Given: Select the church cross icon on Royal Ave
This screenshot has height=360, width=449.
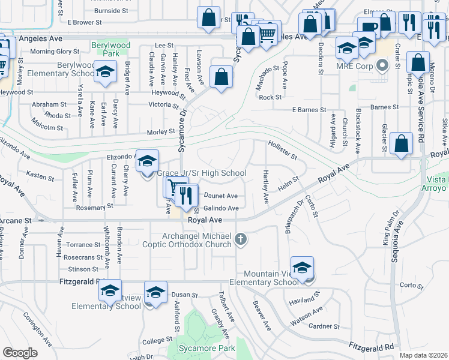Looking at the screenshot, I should [x=241, y=240].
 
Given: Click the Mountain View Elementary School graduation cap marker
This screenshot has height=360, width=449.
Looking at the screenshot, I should [x=302, y=268].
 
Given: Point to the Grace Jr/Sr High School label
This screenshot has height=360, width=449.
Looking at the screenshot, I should [x=202, y=173].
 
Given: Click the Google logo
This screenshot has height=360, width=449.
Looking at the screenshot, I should [x=20, y=353].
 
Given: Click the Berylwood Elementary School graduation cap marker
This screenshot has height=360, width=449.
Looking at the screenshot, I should [x=105, y=73].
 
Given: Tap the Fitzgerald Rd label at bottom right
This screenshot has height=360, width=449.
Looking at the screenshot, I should [x=372, y=347].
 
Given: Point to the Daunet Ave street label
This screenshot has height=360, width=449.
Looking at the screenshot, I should [x=221, y=196].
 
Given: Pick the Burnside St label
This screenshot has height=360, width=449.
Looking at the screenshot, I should [x=107, y=11].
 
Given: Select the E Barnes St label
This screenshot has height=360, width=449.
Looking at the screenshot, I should [x=309, y=110].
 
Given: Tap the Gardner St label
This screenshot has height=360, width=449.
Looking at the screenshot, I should [x=324, y=327].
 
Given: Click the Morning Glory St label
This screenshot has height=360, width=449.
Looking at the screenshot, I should [x=55, y=52].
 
